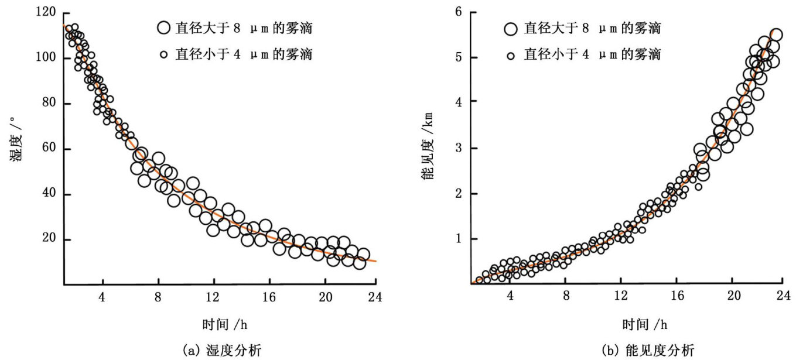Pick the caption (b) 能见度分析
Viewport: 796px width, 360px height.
[628, 350]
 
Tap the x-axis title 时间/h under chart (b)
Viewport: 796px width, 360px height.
[628, 324]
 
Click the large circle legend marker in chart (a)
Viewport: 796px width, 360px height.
[163, 28]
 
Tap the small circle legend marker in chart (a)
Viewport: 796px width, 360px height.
[164, 54]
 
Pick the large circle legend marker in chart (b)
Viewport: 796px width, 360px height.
[511, 28]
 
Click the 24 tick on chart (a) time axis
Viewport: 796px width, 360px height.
[375, 297]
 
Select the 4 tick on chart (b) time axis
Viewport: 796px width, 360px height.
[510, 297]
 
